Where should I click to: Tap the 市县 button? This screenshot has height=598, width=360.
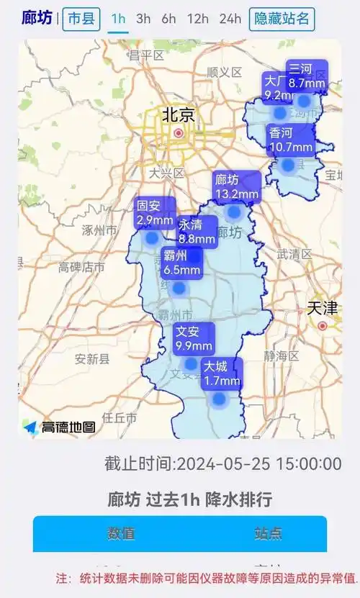coord(81,19)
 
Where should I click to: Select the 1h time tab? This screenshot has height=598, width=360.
coord(119,19)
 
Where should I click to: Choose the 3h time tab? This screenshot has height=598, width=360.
coord(144,19)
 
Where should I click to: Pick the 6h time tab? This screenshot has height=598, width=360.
coord(168,19)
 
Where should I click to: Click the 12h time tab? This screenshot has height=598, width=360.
coord(198,19)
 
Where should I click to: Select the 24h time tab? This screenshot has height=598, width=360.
coord(230,19)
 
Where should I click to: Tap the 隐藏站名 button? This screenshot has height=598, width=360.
coord(282,19)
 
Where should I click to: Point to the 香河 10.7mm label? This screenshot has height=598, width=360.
coord(291,140)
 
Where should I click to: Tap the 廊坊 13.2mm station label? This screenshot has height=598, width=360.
coord(237,186)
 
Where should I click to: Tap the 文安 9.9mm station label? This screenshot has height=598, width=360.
coord(194,338)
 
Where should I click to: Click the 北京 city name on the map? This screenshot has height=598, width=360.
coord(178,114)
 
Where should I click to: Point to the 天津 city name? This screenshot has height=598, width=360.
coord(322,308)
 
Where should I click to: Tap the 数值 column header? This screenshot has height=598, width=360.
coord(121,533)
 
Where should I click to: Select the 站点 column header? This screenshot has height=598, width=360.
coord(268,533)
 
